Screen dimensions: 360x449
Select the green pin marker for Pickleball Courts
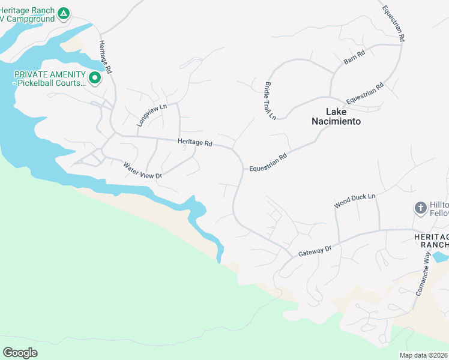[x=94, y=77]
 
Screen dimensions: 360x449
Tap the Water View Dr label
[x=143, y=170]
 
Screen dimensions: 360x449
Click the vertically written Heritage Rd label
[x=106, y=57]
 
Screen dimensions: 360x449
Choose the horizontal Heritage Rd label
[x=195, y=143]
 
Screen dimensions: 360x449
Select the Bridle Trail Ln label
[x=270, y=100]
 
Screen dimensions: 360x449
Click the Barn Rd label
[x=354, y=58]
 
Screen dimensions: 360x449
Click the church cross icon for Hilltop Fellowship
[x=421, y=208]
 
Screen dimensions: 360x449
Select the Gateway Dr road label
[x=315, y=251]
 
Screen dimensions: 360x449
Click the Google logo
[x=20, y=352]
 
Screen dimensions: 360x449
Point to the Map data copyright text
[x=424, y=355]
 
